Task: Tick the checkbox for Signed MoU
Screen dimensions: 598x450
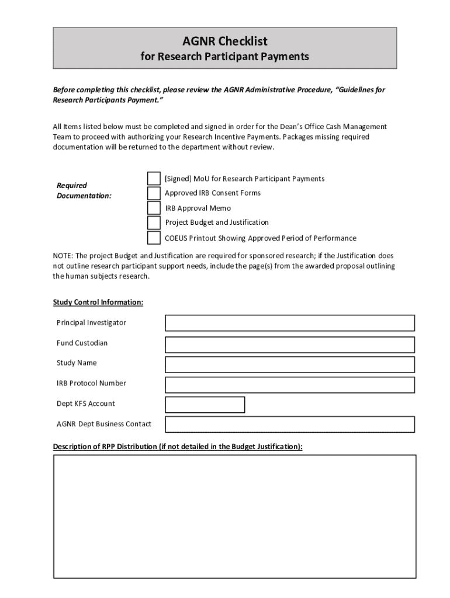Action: click(154, 178)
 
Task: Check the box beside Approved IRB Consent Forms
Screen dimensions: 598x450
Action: click(154, 193)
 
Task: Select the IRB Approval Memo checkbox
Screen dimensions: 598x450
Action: click(154, 208)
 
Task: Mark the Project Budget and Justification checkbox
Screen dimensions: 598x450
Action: click(154, 222)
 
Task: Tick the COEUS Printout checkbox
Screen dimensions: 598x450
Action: click(154, 238)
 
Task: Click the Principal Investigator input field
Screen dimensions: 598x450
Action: click(290, 323)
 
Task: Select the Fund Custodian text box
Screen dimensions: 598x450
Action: click(290, 344)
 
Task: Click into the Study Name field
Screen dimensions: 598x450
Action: click(290, 364)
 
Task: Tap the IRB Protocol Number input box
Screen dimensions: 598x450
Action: click(290, 384)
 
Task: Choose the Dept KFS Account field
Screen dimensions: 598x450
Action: click(205, 404)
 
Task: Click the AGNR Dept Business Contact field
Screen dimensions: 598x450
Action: click(290, 424)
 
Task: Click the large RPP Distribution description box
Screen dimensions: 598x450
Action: click(234, 516)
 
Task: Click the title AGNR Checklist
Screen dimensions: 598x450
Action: click(225, 41)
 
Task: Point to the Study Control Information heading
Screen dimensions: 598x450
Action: click(98, 303)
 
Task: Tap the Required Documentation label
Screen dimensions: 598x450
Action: click(84, 190)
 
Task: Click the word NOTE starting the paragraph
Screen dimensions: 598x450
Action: click(63, 256)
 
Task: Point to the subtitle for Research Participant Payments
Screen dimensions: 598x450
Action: click(225, 57)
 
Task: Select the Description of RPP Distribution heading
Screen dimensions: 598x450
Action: click(178, 447)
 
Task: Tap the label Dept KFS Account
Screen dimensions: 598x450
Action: click(86, 404)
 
